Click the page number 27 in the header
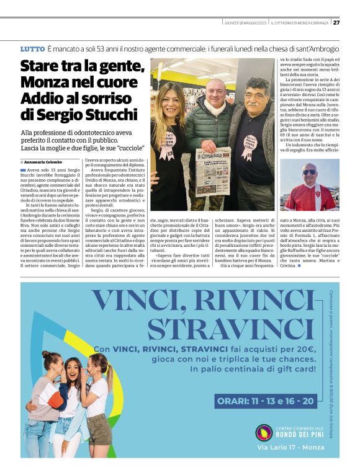click(x=336, y=23)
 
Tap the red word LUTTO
click(x=32, y=48)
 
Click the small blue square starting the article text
click(x=23, y=169)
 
